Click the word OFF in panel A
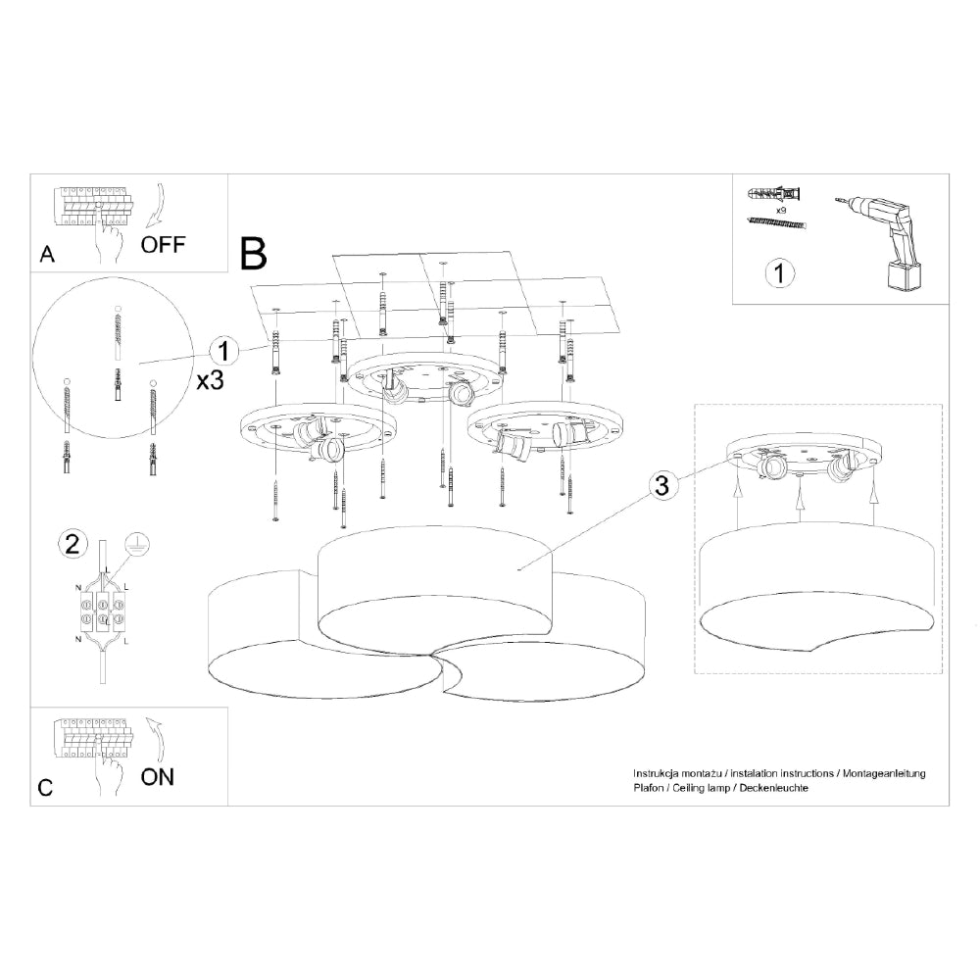coord(163,244)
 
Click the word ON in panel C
coord(158,777)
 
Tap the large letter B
coord(253,254)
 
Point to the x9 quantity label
coord(782,211)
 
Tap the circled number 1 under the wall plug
coord(779,274)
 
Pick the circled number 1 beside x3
coord(224,351)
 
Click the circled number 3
coord(663,483)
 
